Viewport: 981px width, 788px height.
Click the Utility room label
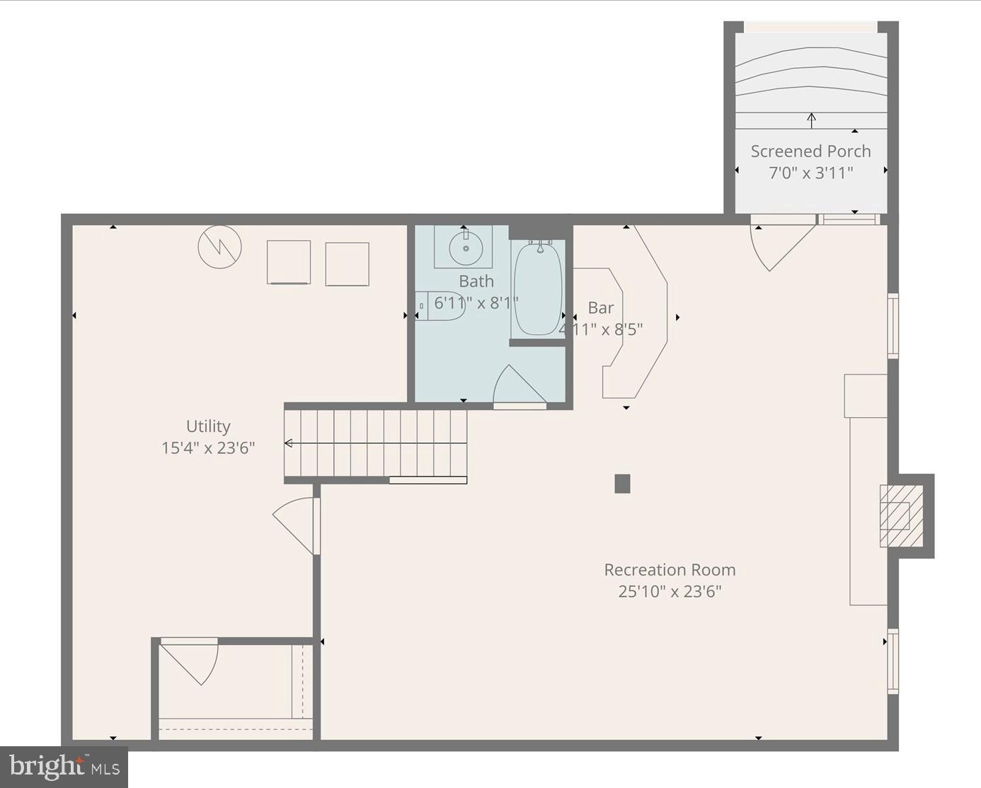tap(208, 426)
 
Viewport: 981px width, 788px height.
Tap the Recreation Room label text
tap(670, 570)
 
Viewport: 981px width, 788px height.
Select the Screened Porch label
tap(810, 152)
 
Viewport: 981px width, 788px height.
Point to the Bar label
tap(601, 308)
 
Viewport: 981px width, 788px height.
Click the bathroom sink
tap(465, 248)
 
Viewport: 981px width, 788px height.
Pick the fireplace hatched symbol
tap(901, 515)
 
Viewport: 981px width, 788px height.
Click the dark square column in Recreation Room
tap(622, 484)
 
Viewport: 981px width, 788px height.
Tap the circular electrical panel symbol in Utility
tap(220, 247)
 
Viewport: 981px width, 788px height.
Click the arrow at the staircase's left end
tap(289, 443)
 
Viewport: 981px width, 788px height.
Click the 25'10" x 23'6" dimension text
tap(670, 592)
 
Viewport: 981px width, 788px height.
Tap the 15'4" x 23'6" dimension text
tap(208, 448)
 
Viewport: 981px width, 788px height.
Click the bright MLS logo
tap(64, 767)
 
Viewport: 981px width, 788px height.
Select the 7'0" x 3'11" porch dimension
tap(810, 173)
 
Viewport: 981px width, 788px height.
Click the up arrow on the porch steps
tap(811, 119)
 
